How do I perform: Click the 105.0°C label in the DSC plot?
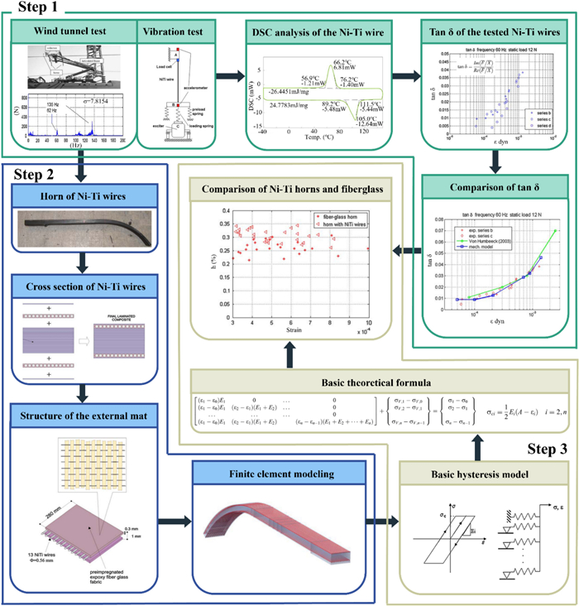point(371,118)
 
